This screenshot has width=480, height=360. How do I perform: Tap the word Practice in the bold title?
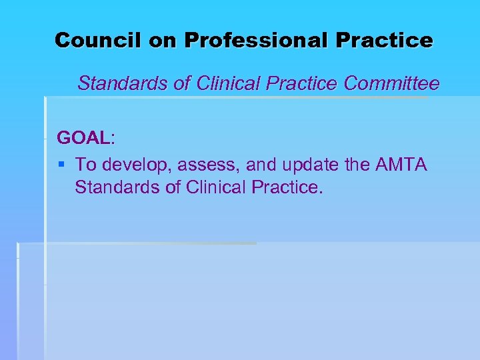point(384,40)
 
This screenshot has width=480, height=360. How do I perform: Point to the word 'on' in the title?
point(163,40)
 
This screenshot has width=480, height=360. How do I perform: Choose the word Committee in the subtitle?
point(391,84)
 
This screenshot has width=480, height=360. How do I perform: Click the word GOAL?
point(83,138)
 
